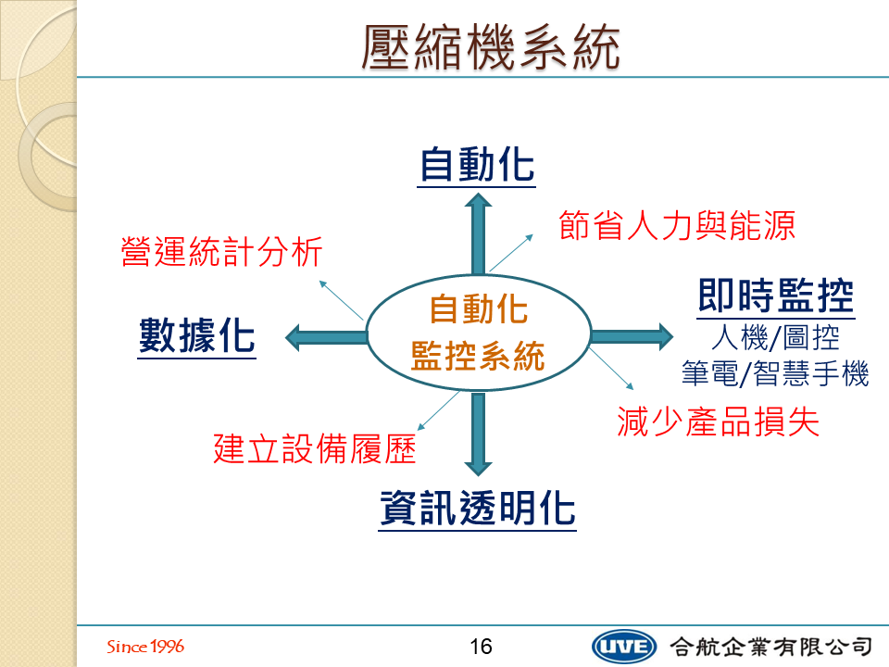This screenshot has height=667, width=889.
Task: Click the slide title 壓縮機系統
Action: [491, 47]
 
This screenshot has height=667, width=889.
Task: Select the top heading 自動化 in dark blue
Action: [477, 165]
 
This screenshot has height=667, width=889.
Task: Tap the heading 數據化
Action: [196, 335]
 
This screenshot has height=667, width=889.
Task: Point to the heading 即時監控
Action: [776, 296]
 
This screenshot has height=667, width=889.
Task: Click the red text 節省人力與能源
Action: [677, 225]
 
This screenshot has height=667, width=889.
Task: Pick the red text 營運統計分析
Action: [221, 251]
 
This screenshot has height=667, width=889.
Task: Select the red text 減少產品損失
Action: [719, 422]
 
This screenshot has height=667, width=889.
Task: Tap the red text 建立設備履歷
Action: [315, 448]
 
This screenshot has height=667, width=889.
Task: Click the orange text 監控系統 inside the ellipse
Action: [478, 356]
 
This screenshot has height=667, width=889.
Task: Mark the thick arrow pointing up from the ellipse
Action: [479, 234]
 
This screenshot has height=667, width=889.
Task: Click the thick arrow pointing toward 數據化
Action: [327, 337]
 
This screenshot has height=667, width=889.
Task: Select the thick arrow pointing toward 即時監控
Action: [632, 337]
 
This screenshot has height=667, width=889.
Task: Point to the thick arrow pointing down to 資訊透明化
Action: [479, 434]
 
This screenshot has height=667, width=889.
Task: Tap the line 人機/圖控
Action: [776, 337]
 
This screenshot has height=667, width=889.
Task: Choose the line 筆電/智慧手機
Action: [775, 373]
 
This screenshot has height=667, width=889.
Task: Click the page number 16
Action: [481, 646]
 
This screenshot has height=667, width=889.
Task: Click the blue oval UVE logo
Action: [623, 647]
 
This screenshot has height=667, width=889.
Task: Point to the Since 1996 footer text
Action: [145, 646]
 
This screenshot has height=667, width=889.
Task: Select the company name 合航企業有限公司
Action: [771, 647]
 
